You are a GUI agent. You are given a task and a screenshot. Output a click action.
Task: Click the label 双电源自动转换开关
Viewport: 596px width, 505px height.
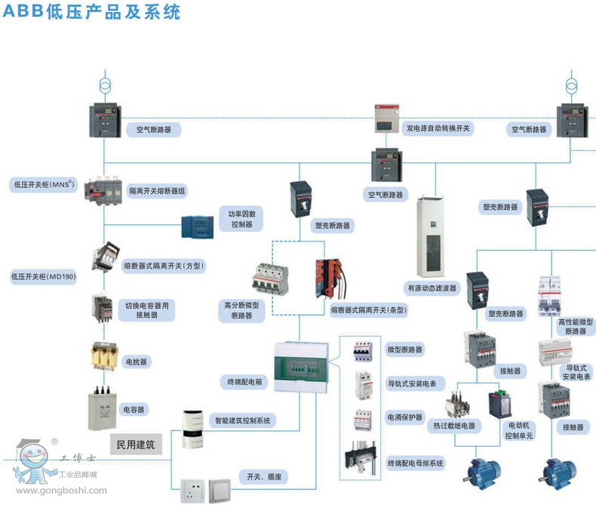pos(438,129)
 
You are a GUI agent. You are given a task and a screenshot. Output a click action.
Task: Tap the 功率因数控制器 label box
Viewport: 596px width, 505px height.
pos(242,219)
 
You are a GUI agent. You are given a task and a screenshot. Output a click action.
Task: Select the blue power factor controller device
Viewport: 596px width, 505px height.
pos(198,226)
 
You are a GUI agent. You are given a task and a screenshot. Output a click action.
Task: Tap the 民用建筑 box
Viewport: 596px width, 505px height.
pos(135,445)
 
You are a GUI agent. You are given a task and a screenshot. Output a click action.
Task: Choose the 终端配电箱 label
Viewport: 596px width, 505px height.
pos(241,381)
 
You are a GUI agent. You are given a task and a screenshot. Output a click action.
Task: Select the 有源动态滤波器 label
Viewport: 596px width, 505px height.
pos(432,288)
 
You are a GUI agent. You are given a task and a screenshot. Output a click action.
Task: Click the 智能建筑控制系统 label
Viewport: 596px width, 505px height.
pos(242,420)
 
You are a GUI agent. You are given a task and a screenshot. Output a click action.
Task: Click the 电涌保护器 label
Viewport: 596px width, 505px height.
pos(405,417)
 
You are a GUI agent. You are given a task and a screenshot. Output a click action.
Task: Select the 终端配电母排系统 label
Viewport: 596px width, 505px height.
pos(415,462)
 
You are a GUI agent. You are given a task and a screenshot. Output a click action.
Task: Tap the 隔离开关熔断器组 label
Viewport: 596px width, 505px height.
pos(156,192)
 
